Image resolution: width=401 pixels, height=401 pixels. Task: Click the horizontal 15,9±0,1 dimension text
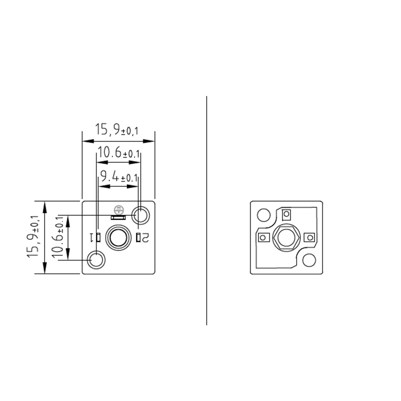pyautogui.click(x=117, y=130)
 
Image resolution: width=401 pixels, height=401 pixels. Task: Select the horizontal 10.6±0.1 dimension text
pyautogui.click(x=119, y=153)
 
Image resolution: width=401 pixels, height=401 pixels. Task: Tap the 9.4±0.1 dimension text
pyautogui.click(x=119, y=176)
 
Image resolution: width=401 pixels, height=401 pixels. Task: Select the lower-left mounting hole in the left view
pyautogui.click(x=97, y=259)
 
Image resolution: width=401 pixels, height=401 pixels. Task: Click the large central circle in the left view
pyautogui.click(x=118, y=237)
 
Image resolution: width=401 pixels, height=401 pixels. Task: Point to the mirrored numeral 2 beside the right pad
pyautogui.click(x=146, y=238)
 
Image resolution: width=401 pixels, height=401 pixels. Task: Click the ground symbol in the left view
pyautogui.click(x=118, y=209)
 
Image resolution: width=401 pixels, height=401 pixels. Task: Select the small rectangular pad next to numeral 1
pyautogui.click(x=97, y=237)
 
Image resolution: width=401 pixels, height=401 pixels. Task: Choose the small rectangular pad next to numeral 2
pyautogui.click(x=139, y=238)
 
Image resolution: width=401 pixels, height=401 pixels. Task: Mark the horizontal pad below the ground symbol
pyautogui.click(x=118, y=217)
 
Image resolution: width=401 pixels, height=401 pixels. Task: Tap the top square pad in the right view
pyautogui.click(x=286, y=215)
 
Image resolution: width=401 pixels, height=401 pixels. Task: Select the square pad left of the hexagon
pyautogui.click(x=263, y=238)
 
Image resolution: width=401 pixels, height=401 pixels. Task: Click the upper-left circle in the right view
pyautogui.click(x=263, y=215)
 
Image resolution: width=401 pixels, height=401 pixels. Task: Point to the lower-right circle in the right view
pyautogui.click(x=309, y=260)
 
